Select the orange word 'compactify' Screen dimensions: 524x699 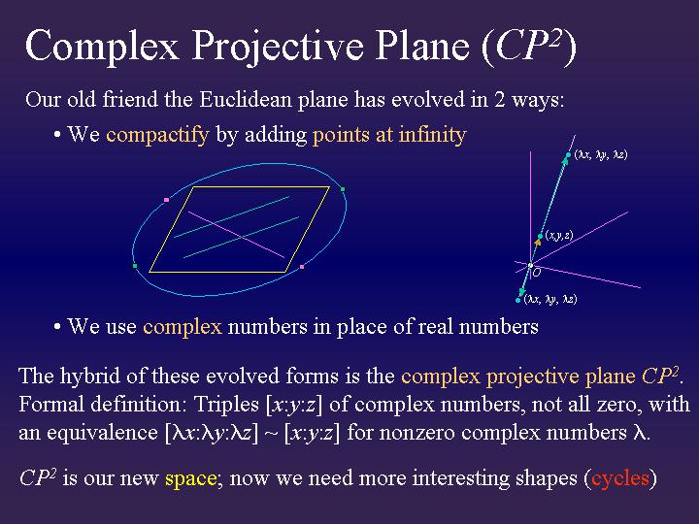[157, 135]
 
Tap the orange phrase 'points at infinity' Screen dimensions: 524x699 [389, 135]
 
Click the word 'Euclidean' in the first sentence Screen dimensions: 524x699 [241, 99]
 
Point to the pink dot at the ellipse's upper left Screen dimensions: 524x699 [167, 200]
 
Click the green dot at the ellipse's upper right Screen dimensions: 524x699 [343, 189]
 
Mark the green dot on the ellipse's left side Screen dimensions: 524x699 [135, 266]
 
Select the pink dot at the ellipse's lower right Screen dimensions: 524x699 [303, 266]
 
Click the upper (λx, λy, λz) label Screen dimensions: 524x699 [600, 154]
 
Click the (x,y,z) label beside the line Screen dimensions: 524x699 [558, 235]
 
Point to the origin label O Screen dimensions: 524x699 [536, 274]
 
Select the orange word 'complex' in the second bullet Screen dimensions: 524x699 [183, 327]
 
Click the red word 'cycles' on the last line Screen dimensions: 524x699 [621, 478]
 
